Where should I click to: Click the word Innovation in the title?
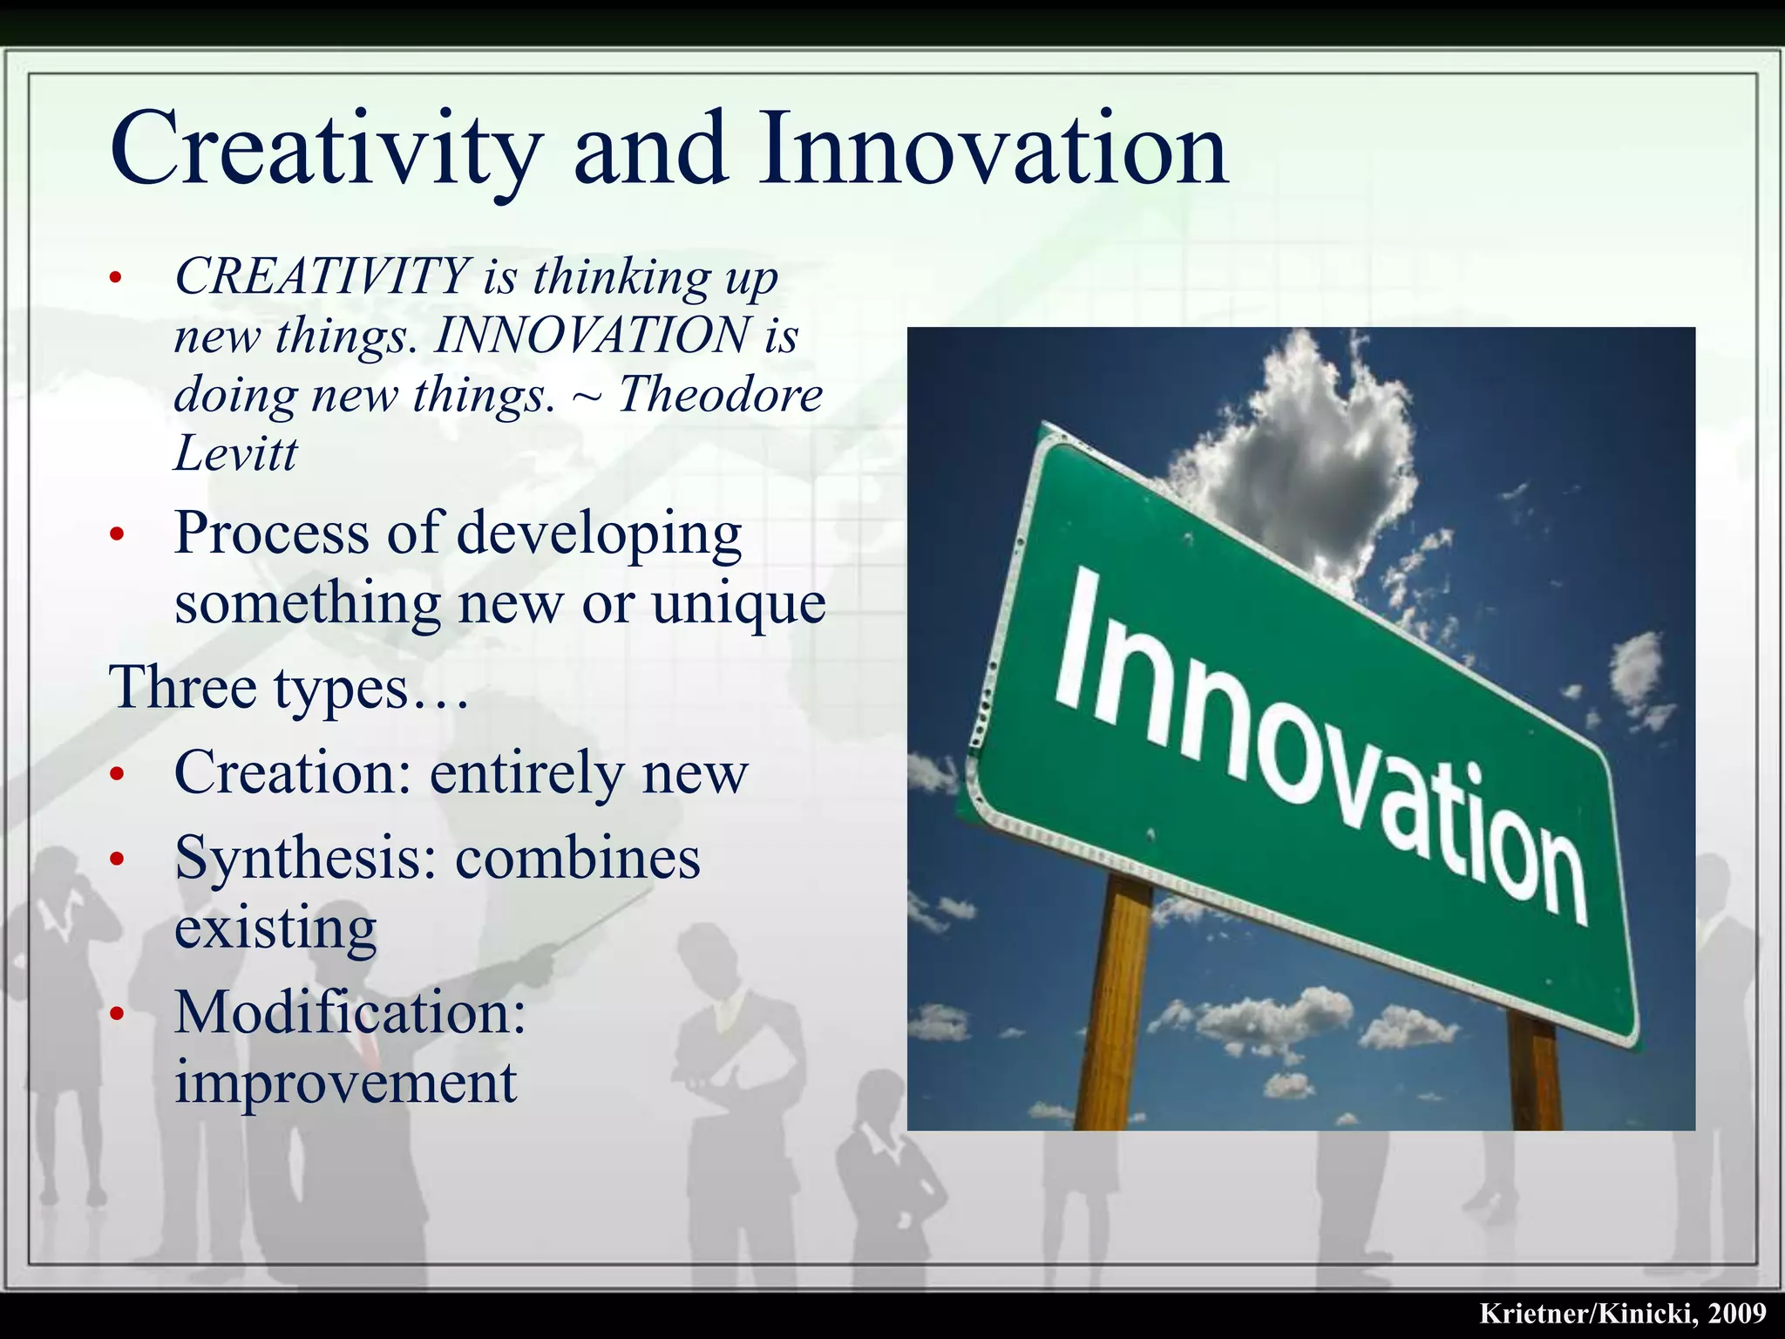[994, 150]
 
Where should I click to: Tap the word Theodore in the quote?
[720, 395]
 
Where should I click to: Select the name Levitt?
[235, 454]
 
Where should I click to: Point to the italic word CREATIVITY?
[322, 276]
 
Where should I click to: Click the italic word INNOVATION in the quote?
[592, 336]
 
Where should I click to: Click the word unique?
[738, 603]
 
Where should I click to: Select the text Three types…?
[288, 688]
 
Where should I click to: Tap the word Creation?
[292, 772]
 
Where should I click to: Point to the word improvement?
[345, 1083]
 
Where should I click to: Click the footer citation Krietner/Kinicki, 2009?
[1622, 1313]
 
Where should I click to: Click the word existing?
[275, 928]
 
